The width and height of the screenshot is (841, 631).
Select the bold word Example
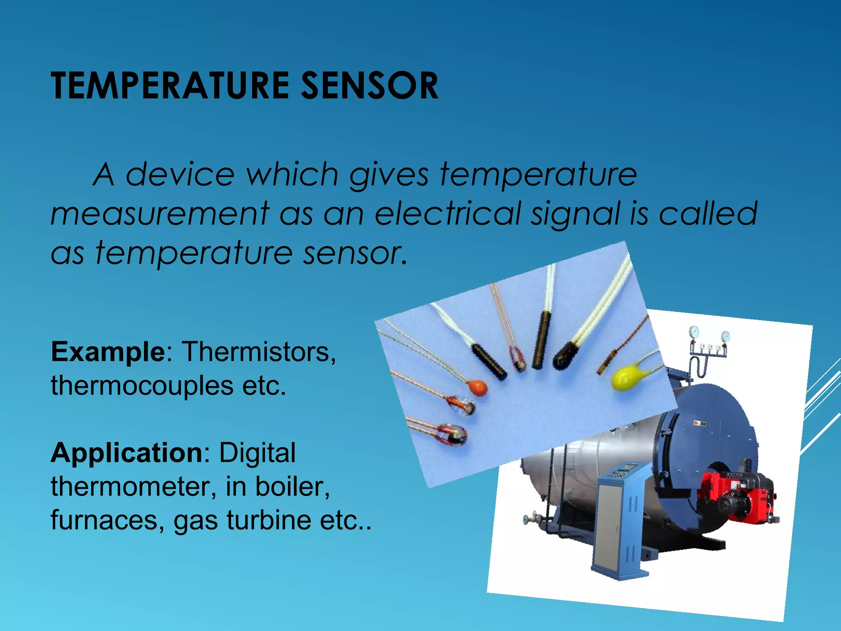108,352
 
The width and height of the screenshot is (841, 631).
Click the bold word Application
126,453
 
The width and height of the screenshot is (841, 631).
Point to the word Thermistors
259,352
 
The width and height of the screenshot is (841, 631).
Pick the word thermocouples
142,386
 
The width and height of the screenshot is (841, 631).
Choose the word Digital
257,453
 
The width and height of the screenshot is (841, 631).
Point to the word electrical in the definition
448,214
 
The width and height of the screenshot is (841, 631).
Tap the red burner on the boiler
739,495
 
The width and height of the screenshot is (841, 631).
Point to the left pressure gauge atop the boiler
694,331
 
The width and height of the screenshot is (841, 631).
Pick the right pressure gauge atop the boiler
725,336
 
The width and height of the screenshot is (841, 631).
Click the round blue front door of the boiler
710,444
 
